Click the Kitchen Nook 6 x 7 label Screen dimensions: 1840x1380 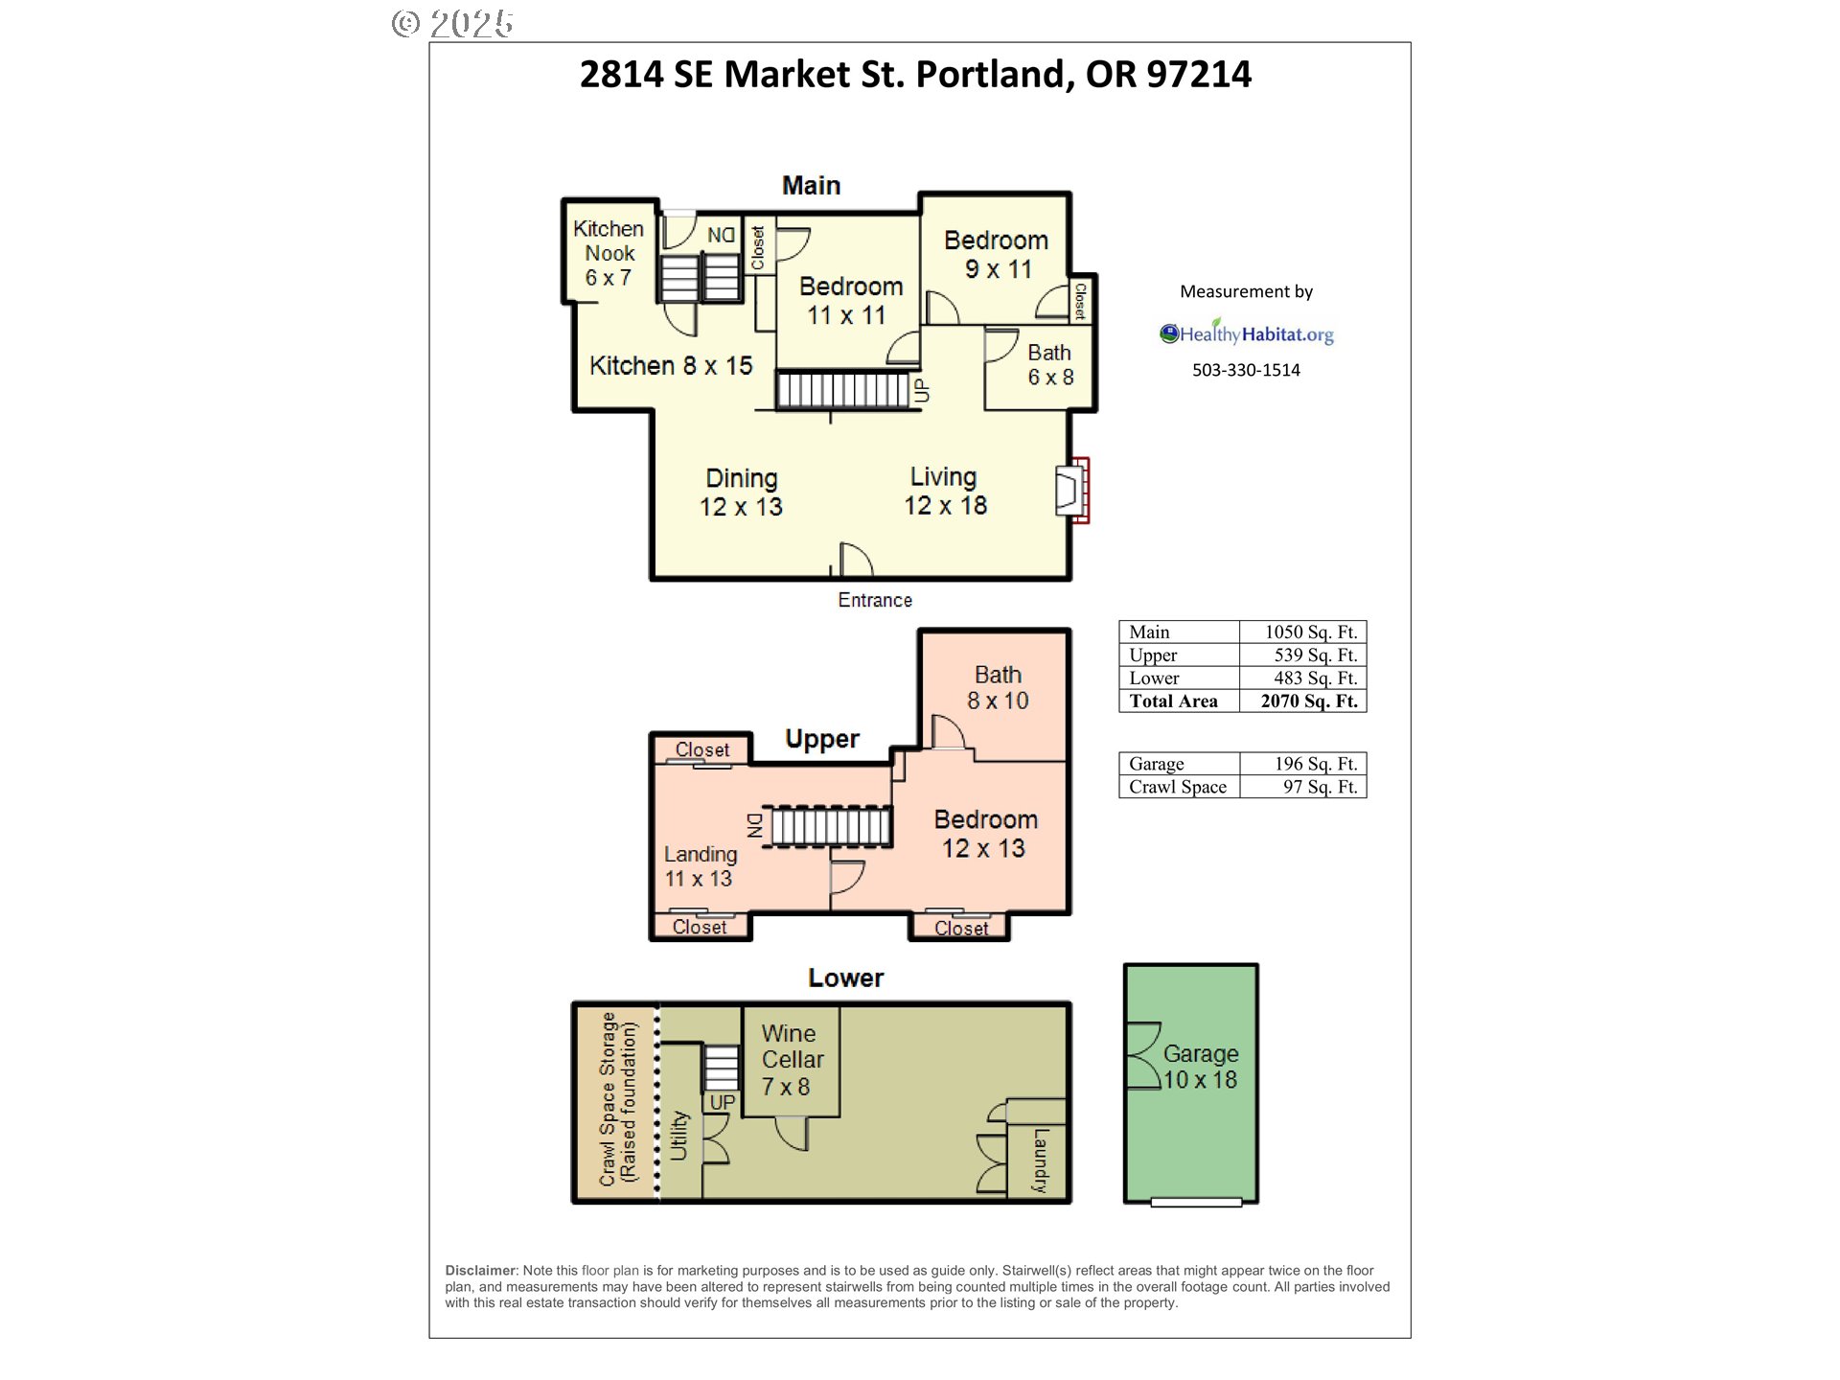pyautogui.click(x=609, y=253)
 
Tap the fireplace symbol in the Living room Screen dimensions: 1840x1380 pyautogui.click(x=1072, y=491)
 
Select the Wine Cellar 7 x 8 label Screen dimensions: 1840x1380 pyautogui.click(x=792, y=1060)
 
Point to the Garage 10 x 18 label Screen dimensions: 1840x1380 pyautogui.click(x=1200, y=1067)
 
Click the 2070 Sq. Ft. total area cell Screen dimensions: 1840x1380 pyautogui.click(x=1303, y=701)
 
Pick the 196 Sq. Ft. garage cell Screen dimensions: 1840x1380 pyautogui.click(x=1303, y=764)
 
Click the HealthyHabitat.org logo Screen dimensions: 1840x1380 pyautogui.click(x=1246, y=333)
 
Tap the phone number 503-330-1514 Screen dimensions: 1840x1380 pyautogui.click(x=1246, y=370)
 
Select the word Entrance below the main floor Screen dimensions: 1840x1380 pyautogui.click(x=875, y=600)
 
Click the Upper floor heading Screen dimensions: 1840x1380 pyautogui.click(x=821, y=739)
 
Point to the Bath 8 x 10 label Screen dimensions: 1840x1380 pyautogui.click(x=998, y=688)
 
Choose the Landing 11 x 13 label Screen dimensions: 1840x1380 pyautogui.click(x=700, y=866)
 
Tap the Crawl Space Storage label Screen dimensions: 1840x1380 pyautogui.click(x=618, y=1098)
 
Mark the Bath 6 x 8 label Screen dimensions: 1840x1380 pyautogui.click(x=1050, y=365)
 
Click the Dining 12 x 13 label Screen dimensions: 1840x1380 pyautogui.click(x=741, y=493)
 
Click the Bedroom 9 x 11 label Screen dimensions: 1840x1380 pyautogui.click(x=997, y=255)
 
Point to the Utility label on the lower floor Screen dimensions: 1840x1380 pyautogui.click(x=679, y=1136)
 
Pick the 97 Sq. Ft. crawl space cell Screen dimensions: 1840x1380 pyautogui.click(x=1303, y=787)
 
